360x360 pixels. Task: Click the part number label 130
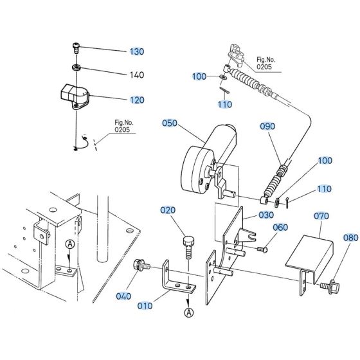coord(137,51)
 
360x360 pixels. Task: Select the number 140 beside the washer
coord(137,75)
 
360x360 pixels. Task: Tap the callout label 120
coord(137,100)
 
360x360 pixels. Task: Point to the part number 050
coord(170,123)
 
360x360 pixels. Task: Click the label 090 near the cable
coord(267,127)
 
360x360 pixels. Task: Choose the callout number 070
coord(322,217)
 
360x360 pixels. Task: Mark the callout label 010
coord(146,305)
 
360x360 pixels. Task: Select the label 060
coord(280,226)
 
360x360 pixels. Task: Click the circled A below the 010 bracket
coord(188,312)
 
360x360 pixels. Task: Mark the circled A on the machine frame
coord(69,244)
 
